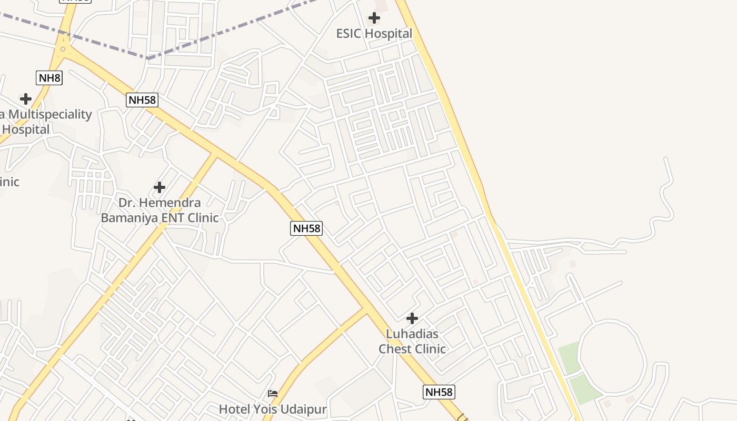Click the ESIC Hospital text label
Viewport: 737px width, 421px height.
pos(374,34)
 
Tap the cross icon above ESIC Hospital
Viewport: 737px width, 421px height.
pos(374,18)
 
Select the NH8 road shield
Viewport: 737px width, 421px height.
pos(49,78)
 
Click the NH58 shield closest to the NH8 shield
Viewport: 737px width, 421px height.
pos(142,100)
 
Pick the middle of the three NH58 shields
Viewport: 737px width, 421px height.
pos(306,228)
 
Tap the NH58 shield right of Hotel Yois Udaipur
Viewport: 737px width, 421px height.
pos(439,392)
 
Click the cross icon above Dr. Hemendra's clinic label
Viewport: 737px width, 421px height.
pos(159,187)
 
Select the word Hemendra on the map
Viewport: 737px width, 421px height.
pos(174,203)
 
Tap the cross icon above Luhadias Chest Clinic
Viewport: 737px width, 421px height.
pos(412,318)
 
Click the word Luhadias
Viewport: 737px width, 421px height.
pos(412,334)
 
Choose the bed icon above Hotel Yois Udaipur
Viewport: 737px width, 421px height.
pos(273,393)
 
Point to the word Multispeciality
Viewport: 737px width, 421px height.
pos(50,114)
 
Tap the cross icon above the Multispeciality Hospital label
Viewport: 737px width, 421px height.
pos(25,98)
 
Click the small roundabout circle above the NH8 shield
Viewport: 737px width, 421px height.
pos(63,49)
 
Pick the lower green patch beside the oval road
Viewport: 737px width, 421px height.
pos(585,389)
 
